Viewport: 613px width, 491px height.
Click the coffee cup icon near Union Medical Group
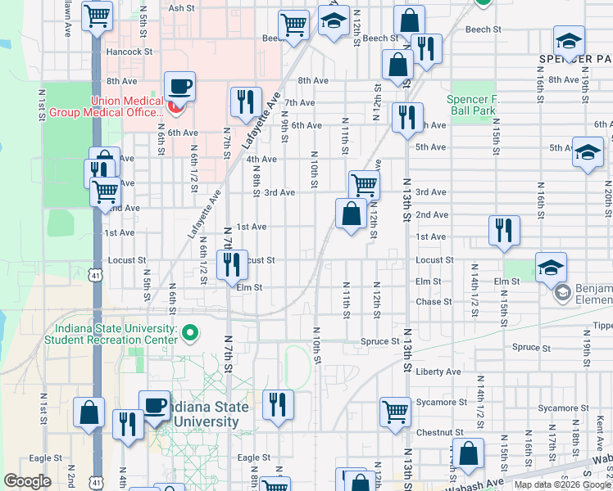[x=179, y=85]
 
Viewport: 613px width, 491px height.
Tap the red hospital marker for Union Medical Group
[x=174, y=106]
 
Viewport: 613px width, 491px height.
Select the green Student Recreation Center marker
[x=190, y=332]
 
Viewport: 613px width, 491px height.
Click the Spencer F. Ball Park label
[x=471, y=105]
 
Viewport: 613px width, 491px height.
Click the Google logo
[x=28, y=481]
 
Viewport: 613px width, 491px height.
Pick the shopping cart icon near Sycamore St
[x=395, y=411]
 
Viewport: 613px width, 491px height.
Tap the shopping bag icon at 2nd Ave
[x=351, y=214]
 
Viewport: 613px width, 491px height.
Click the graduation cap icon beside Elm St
[x=551, y=266]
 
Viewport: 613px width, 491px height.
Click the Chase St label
[x=429, y=301]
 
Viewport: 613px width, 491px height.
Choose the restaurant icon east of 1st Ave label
[x=504, y=230]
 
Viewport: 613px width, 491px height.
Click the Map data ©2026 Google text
[x=562, y=484]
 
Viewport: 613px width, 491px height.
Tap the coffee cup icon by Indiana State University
[x=154, y=405]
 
